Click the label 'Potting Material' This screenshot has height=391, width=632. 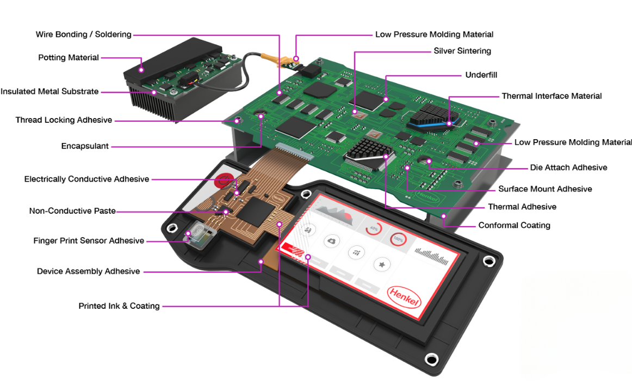(69, 58)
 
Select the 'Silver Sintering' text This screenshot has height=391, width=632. (462, 51)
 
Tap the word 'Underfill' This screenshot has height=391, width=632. (481, 75)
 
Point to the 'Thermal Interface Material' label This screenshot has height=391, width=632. (552, 96)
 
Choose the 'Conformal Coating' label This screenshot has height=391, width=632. (514, 225)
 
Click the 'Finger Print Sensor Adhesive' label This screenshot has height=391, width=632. (89, 241)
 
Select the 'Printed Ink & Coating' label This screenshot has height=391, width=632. (119, 306)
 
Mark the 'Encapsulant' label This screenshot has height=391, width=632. (85, 146)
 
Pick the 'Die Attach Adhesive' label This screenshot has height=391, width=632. (568, 167)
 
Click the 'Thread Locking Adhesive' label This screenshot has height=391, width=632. (64, 120)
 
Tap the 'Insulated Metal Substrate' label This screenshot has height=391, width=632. (49, 92)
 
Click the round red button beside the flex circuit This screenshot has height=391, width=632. (224, 181)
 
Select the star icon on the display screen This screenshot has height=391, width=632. (382, 264)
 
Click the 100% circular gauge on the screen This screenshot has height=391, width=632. (399, 239)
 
